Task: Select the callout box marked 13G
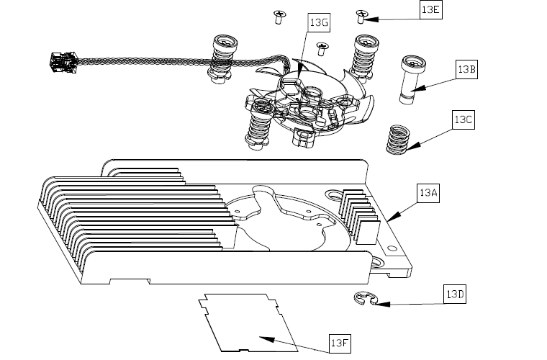(x=319, y=23)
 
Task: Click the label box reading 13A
(x=428, y=194)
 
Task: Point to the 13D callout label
(x=456, y=294)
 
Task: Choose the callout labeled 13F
(x=340, y=343)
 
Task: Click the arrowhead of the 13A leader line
(x=389, y=218)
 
